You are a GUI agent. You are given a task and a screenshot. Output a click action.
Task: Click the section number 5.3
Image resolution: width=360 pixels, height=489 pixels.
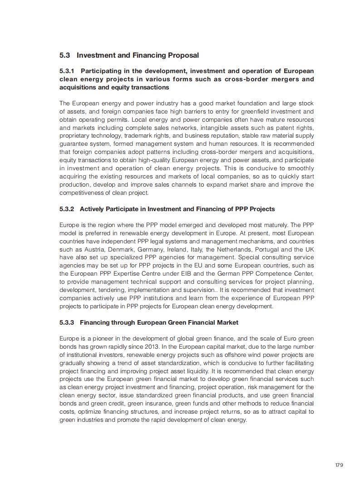(x=64, y=55)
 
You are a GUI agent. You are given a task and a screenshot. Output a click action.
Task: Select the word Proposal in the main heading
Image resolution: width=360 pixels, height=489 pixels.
(x=183, y=55)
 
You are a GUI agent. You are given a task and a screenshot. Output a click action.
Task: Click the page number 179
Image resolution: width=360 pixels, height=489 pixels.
(x=339, y=465)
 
